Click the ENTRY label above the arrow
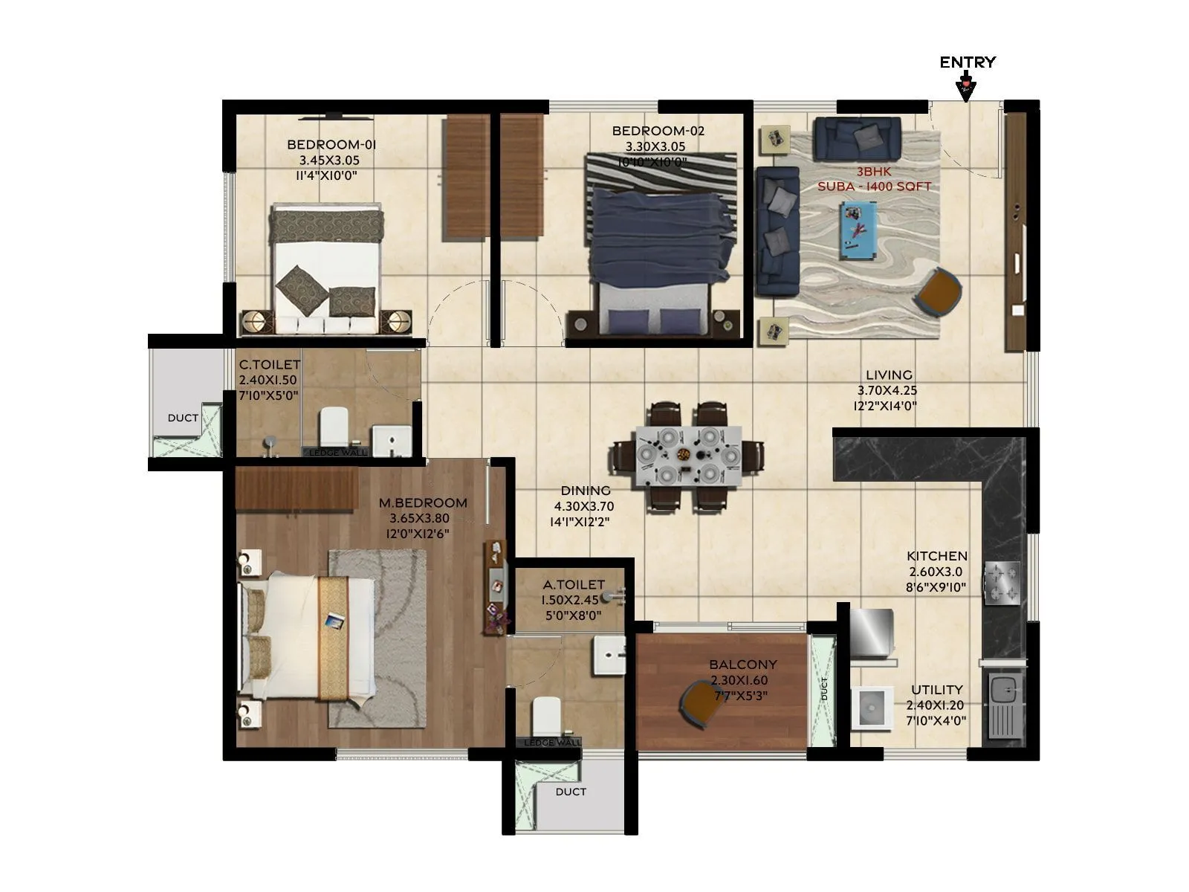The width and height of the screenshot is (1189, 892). tap(968, 62)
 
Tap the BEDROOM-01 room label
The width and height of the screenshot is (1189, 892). tap(331, 144)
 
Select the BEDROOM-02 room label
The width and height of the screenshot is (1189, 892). tap(658, 131)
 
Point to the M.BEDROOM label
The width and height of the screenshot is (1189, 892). tap(423, 502)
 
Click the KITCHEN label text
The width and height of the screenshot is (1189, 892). tap(937, 556)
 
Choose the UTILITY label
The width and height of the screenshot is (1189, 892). tap(937, 690)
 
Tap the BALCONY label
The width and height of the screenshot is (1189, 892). tap(742, 665)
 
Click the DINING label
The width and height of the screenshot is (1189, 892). tap(586, 491)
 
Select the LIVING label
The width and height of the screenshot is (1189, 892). tap(889, 375)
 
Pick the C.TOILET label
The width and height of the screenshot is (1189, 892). tap(270, 365)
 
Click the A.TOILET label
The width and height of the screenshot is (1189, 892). tap(574, 585)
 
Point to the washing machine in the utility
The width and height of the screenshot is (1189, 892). tap(871, 707)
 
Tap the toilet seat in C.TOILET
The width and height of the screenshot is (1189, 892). tap(334, 426)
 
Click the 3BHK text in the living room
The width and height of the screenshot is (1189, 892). tap(874, 172)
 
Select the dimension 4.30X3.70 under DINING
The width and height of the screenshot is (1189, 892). tap(583, 506)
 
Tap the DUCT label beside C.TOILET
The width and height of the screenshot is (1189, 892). tap(183, 418)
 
